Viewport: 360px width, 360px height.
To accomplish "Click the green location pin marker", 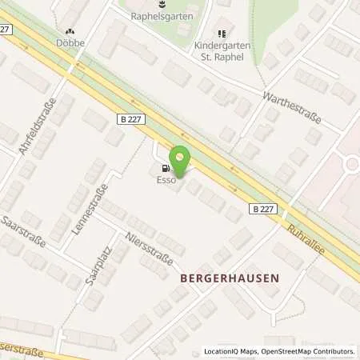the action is point(182,162).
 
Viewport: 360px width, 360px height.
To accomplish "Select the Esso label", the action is point(165,181).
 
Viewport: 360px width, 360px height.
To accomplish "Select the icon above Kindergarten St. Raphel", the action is point(222,34).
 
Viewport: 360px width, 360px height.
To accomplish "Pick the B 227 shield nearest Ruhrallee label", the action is point(264,209).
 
